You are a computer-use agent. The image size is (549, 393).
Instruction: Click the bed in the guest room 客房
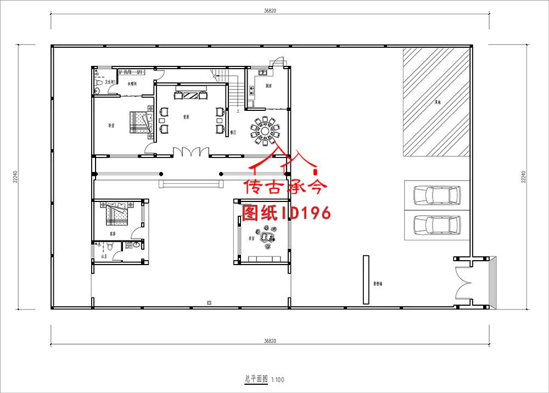[x=117, y=214]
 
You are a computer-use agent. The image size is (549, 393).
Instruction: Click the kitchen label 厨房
[x=269, y=86]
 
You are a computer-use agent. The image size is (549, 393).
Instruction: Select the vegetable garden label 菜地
[x=438, y=102]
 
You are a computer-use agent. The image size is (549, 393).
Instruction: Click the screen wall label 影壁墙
[x=378, y=284]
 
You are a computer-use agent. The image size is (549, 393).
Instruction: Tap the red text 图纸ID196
[x=286, y=212]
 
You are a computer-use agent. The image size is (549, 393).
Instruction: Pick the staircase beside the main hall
[x=231, y=91]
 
